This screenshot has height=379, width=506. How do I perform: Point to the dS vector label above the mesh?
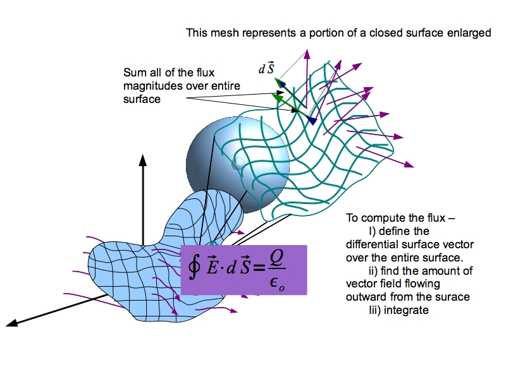point(266,69)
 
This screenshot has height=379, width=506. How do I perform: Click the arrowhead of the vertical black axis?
point(143,158)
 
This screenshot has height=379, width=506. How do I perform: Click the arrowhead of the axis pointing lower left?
point(11,325)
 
